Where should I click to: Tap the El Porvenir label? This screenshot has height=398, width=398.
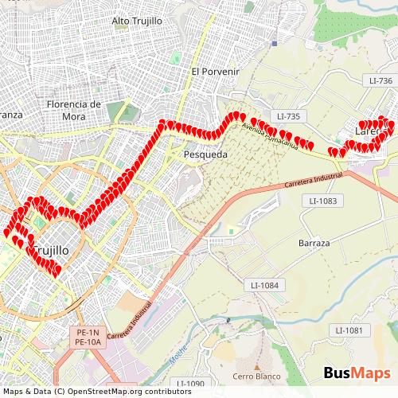(x=215, y=72)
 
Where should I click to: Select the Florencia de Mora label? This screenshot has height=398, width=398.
(x=73, y=110)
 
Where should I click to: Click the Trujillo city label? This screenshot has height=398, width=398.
(x=51, y=250)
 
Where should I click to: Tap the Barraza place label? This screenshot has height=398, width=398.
(x=314, y=243)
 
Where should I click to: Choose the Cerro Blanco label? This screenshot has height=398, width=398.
(x=253, y=376)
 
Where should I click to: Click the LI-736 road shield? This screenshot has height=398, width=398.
(x=380, y=81)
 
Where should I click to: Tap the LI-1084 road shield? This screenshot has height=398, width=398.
(x=264, y=285)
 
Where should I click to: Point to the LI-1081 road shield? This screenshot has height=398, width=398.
(x=349, y=330)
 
